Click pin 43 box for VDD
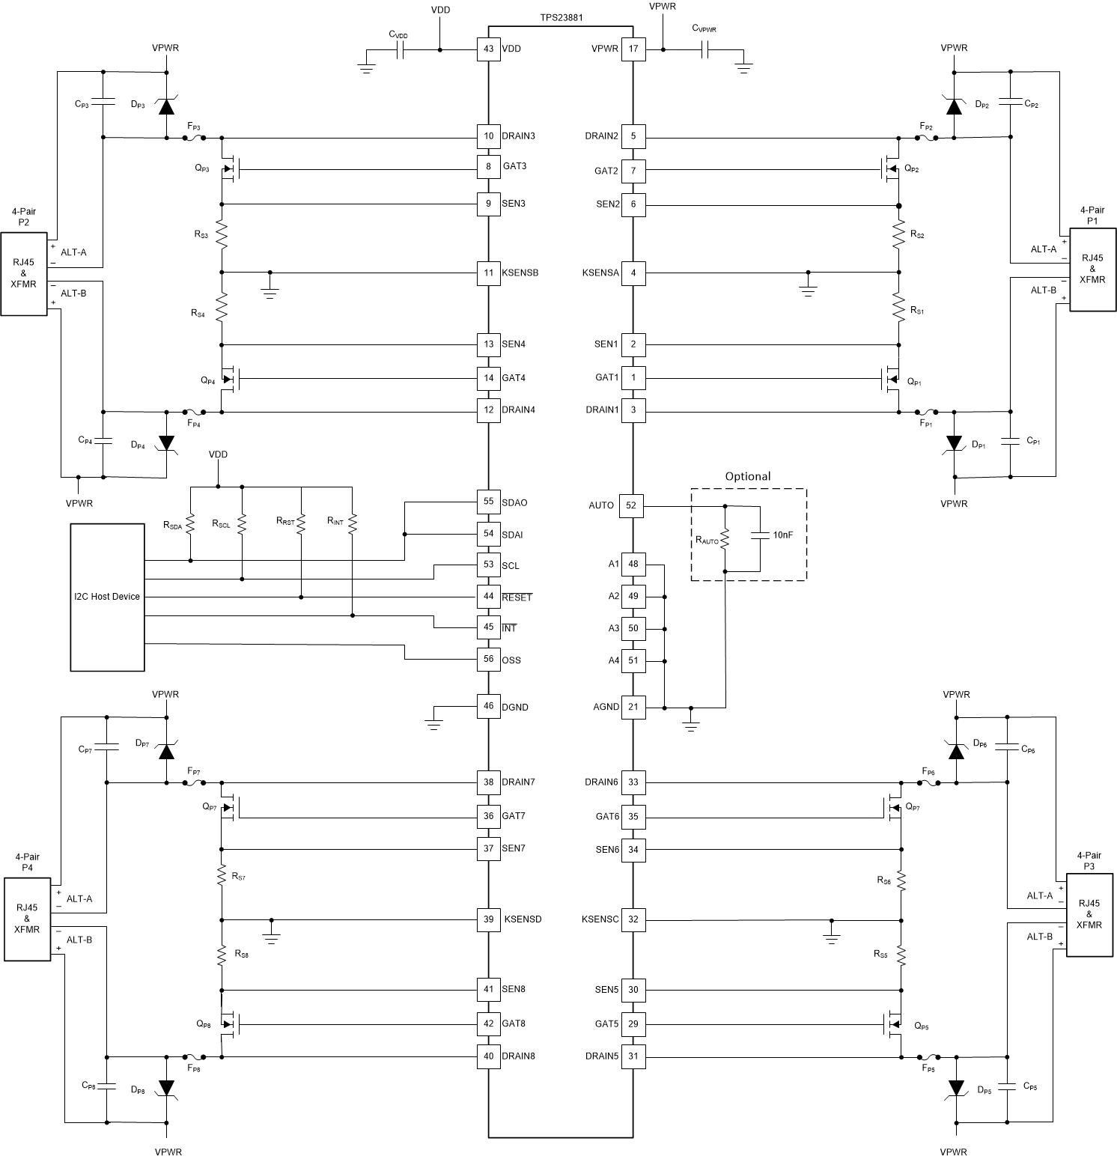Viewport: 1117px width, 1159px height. [x=488, y=49]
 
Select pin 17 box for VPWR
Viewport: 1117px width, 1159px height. [x=633, y=49]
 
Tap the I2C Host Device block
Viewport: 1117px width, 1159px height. [x=107, y=597]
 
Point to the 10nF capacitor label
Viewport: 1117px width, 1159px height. [x=783, y=535]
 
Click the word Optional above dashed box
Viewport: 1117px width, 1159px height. [x=747, y=477]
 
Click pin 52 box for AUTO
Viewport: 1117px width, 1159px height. [x=631, y=506]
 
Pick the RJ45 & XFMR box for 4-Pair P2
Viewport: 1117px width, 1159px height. [x=24, y=274]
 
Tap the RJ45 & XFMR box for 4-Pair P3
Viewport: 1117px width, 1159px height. [x=1089, y=915]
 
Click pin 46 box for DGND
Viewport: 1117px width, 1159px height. [x=488, y=707]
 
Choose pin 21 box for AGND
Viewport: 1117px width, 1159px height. [x=633, y=707]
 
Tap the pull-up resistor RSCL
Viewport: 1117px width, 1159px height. [x=242, y=524]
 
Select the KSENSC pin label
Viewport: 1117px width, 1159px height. [x=600, y=920]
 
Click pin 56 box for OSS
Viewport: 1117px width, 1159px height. [x=488, y=660]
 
